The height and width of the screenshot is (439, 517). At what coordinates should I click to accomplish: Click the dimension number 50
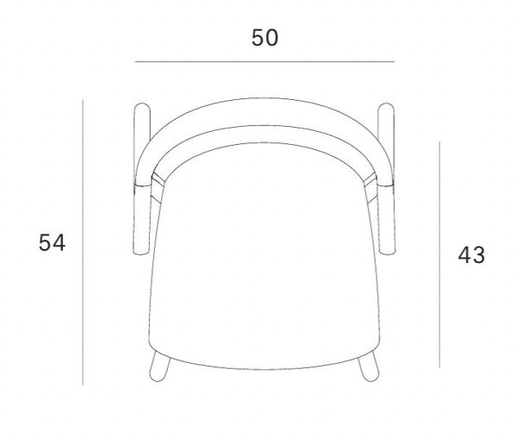tap(265, 38)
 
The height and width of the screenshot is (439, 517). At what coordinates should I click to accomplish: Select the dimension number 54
tap(52, 242)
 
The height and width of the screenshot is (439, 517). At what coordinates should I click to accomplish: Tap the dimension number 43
tap(471, 254)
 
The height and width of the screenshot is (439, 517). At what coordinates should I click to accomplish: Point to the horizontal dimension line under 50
tap(265, 61)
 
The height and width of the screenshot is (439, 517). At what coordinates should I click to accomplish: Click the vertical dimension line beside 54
tap(83, 242)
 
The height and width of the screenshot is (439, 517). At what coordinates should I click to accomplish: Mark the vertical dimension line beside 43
tap(439, 254)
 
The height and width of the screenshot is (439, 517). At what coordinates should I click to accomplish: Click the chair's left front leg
tap(159, 367)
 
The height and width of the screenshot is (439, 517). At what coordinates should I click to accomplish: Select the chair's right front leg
tap(369, 367)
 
